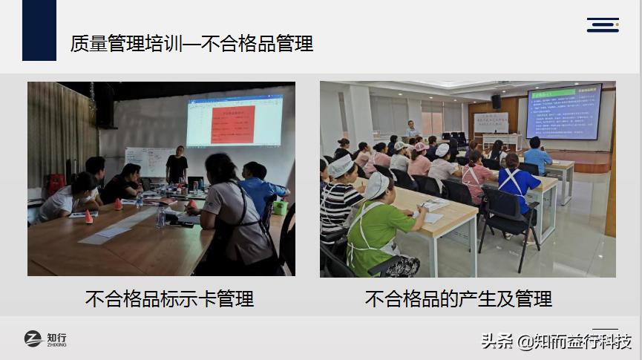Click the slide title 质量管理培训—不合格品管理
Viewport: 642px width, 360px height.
pos(191,44)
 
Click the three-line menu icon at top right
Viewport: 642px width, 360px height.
pos(603,24)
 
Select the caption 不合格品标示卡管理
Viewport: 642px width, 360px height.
pos(169,299)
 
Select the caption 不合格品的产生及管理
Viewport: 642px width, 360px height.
pos(458,299)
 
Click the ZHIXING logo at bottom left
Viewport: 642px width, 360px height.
pos(45,339)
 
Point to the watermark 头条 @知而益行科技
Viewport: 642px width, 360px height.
pos(556,341)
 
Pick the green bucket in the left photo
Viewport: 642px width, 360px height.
pos(280,207)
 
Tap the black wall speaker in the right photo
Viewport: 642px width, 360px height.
pos(496,102)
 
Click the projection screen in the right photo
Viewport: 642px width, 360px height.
pos(563,111)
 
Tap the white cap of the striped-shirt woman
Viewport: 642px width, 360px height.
pos(341,166)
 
